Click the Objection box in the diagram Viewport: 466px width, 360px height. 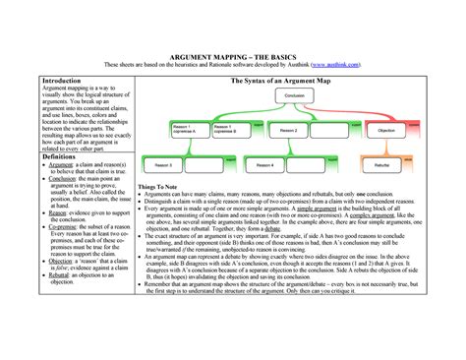[386, 130]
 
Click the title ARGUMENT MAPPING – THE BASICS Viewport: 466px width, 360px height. [233, 57]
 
